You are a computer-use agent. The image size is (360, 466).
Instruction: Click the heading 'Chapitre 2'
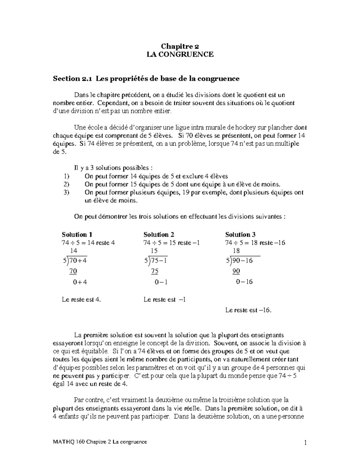[180, 47]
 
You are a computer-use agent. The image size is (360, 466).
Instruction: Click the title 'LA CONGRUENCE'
[180, 54]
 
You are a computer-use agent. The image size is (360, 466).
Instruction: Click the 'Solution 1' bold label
[75, 235]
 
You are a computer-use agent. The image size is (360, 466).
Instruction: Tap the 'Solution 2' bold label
[159, 235]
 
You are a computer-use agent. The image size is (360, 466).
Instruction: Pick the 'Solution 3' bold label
[240, 235]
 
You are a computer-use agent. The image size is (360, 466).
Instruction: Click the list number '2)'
[67, 184]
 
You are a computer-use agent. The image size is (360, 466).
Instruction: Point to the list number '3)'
[67, 192]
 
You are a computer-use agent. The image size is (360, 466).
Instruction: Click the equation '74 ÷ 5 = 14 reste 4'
[88, 243]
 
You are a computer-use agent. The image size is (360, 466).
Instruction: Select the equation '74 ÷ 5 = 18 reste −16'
[255, 243]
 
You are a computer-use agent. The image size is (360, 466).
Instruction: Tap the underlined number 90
[236, 271]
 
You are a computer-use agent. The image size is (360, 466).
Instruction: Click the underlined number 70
[73, 271]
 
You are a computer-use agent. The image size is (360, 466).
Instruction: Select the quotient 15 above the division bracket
[154, 251]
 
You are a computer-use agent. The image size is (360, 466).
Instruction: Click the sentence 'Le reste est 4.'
[81, 299]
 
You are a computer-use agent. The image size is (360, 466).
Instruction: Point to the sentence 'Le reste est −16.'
[248, 310]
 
